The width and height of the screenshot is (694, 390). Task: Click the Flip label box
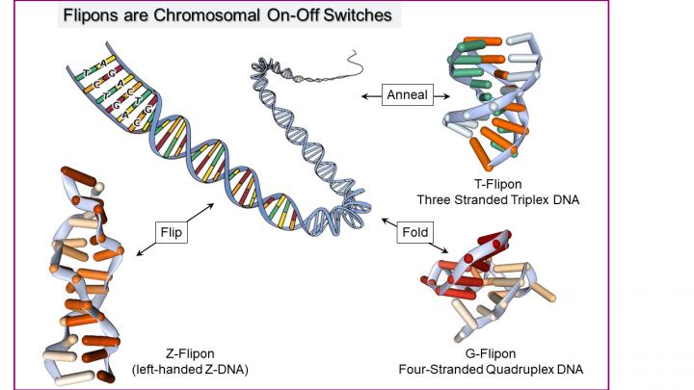coord(171,232)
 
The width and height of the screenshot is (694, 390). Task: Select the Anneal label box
coord(407,95)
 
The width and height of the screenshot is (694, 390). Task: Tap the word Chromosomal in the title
coord(199,15)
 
